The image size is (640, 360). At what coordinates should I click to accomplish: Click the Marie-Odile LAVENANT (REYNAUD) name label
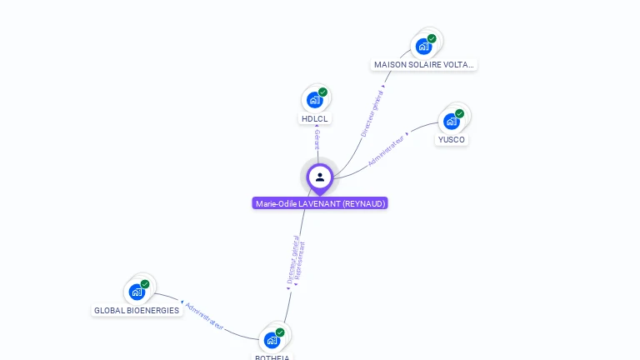(x=320, y=203)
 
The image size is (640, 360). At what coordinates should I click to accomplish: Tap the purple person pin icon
(x=320, y=177)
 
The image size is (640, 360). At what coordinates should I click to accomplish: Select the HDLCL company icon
(x=314, y=100)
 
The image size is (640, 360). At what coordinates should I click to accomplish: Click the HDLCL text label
(x=315, y=119)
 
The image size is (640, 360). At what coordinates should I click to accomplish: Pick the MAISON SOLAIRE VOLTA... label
(x=424, y=64)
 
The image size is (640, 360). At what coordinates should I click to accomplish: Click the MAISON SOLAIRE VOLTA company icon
(x=424, y=46)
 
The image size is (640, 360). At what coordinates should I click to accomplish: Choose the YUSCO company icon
(x=451, y=121)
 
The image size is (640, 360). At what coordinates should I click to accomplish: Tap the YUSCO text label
(x=452, y=139)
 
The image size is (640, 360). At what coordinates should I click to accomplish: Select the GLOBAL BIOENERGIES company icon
(x=137, y=292)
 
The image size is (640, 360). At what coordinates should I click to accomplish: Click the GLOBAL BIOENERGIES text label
(x=137, y=311)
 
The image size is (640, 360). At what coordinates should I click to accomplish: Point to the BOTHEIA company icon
(x=272, y=340)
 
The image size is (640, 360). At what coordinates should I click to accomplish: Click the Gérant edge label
(x=317, y=139)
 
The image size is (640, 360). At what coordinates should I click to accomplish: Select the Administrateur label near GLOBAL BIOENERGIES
(x=205, y=316)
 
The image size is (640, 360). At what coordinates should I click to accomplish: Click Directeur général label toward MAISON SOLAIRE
(x=372, y=113)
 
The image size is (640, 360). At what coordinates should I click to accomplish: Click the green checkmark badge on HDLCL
(x=322, y=92)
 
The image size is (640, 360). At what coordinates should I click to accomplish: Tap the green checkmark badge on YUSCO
(x=459, y=113)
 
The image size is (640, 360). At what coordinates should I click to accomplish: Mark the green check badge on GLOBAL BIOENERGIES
(x=145, y=284)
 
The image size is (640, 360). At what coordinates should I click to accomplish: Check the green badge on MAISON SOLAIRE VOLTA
(x=432, y=38)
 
